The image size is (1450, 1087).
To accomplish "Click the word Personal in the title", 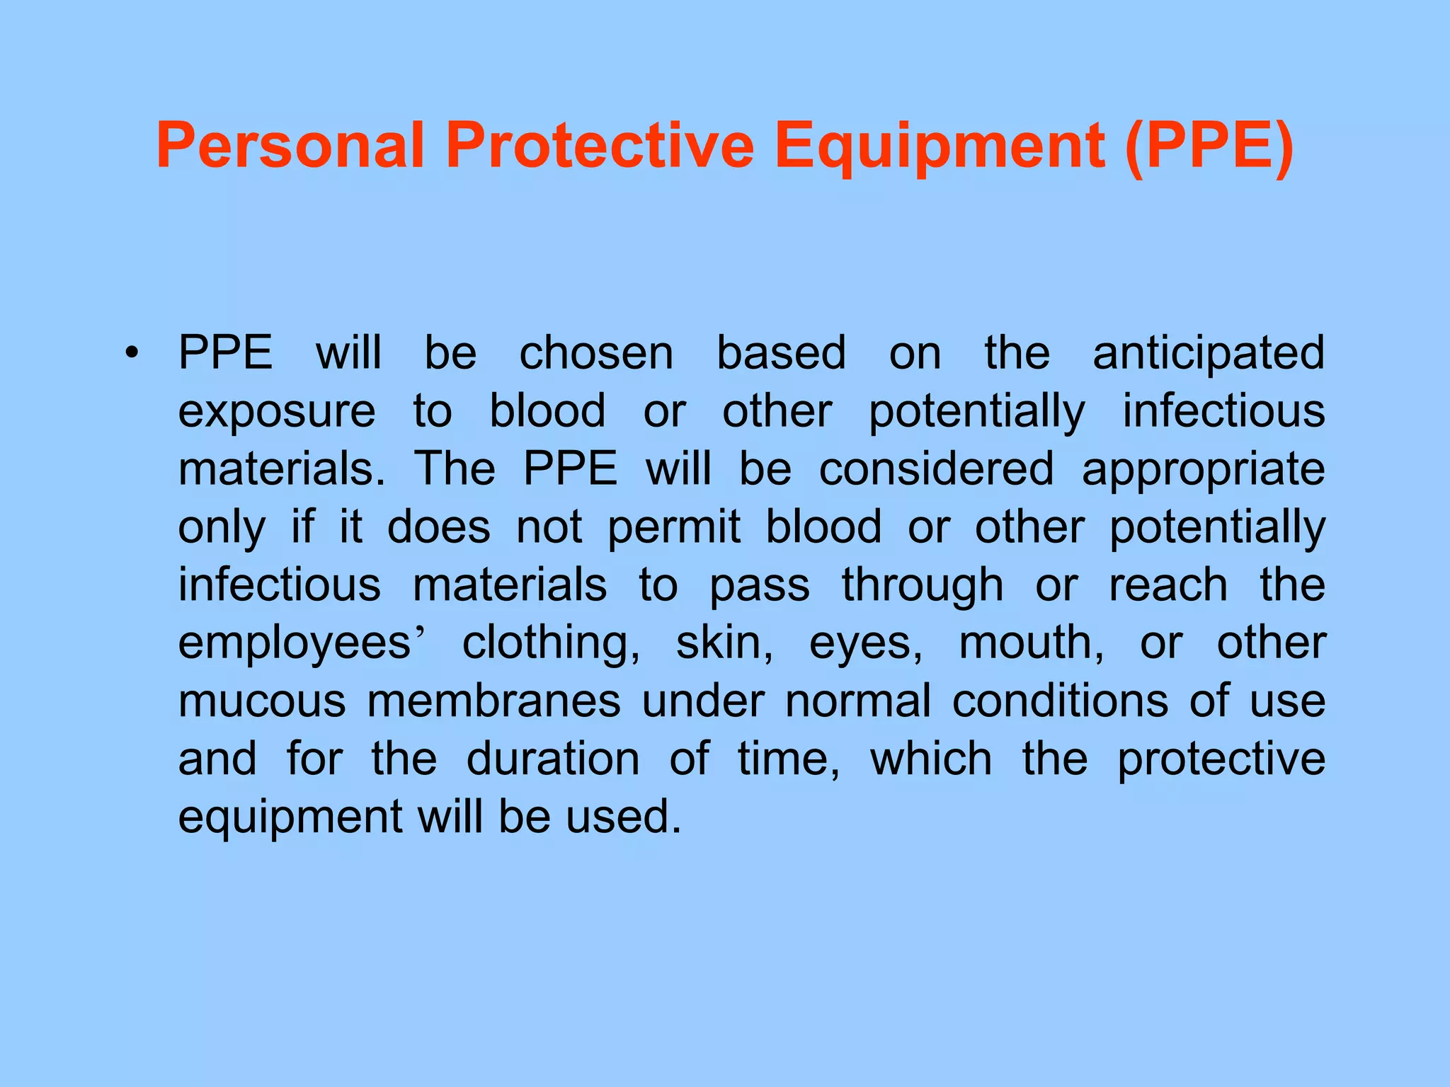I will (x=290, y=146).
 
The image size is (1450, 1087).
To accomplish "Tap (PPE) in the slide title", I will (x=1209, y=146).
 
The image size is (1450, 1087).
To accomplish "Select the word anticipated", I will (x=1209, y=354).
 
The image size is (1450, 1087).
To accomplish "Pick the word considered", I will (x=936, y=468).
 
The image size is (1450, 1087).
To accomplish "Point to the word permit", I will (x=674, y=528).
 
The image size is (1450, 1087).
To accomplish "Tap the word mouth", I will (x=1031, y=643).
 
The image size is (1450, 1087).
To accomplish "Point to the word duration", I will (x=553, y=759).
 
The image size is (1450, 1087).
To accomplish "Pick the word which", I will (x=931, y=759).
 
